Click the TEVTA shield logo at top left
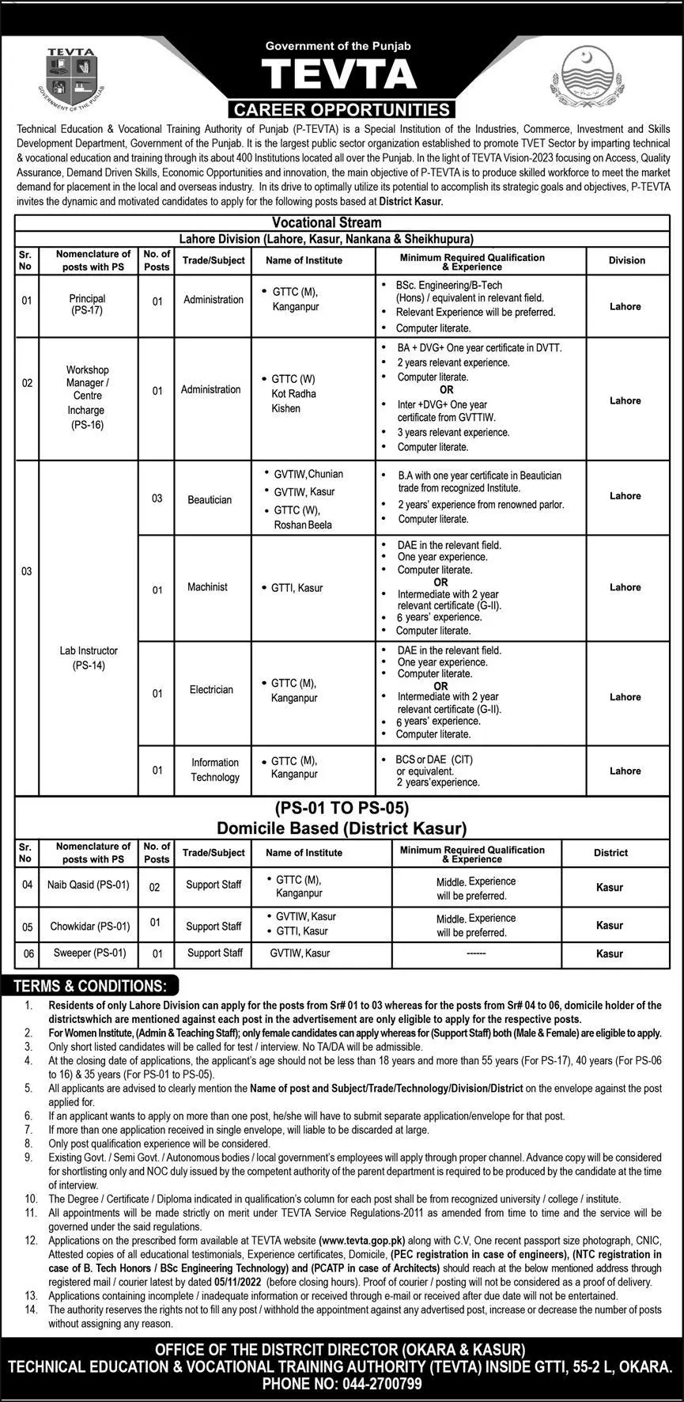[x=70, y=77]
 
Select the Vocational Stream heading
[x=327, y=222]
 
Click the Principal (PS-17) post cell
[x=87, y=305]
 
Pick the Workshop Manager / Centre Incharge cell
[x=87, y=397]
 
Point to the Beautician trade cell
[x=210, y=499]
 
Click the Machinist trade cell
[x=207, y=587]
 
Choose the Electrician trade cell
[x=211, y=690]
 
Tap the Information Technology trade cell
[x=214, y=770]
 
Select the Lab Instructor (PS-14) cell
[x=88, y=657]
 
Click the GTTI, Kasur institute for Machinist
[x=297, y=588]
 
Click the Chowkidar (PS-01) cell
[x=89, y=926]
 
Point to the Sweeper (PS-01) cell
[x=89, y=953]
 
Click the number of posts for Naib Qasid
[x=155, y=887]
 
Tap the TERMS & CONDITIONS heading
[x=90, y=986]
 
